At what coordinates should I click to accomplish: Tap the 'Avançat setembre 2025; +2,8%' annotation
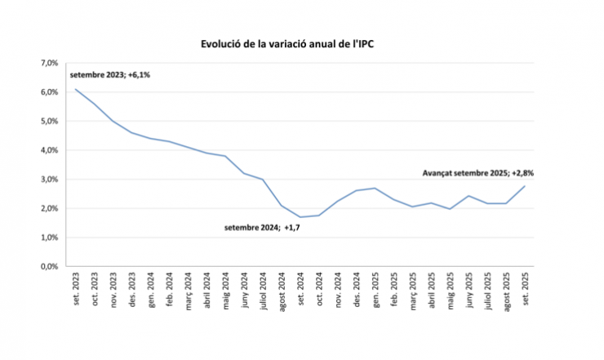478,173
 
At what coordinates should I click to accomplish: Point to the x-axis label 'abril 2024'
207,289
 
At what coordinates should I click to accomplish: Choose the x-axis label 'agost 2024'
282,289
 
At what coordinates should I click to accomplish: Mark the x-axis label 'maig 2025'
451,288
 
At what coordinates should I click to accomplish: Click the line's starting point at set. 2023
75,89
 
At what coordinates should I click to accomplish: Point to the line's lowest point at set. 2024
300,217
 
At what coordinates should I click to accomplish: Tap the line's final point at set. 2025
525,185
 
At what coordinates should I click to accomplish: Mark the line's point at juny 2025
469,196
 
